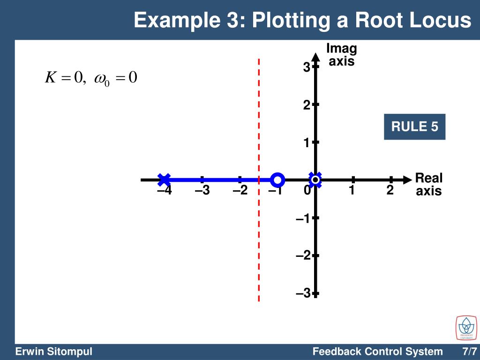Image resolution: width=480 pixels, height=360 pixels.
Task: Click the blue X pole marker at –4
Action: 164,180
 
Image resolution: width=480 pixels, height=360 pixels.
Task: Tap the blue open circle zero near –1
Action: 277,180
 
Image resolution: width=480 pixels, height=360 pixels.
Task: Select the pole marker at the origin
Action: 315,180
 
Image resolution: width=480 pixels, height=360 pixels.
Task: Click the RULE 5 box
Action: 414,127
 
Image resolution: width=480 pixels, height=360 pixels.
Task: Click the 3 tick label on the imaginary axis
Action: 306,68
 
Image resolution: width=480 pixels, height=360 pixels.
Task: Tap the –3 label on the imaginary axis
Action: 303,293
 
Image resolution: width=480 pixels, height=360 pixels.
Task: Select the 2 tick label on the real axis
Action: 390,191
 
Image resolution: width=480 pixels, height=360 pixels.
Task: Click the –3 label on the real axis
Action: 202,191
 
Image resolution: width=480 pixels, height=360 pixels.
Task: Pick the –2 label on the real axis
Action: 240,191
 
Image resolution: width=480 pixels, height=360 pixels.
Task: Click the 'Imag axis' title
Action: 341,55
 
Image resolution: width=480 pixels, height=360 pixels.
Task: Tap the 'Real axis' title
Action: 429,185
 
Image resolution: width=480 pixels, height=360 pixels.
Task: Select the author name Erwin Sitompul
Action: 53,352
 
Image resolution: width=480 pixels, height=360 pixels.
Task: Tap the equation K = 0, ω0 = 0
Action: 91,77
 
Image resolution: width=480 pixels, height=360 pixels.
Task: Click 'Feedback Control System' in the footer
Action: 377,352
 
